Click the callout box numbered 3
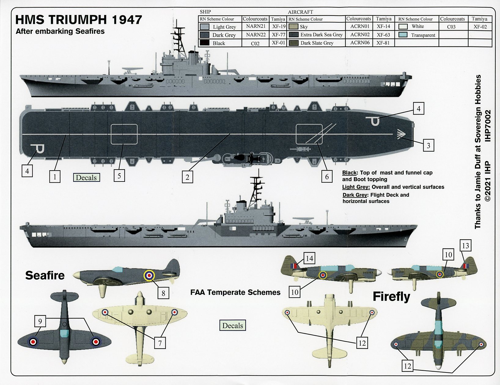coord(428,145)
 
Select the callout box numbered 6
coord(327,177)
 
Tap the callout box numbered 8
coord(164,293)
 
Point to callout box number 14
coord(309,258)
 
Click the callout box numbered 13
coord(465,246)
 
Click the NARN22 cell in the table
coord(256,35)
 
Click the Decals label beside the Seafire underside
coord(232,325)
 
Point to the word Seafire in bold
coord(45,275)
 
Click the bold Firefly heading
coord(392,296)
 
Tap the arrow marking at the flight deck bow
coord(401,134)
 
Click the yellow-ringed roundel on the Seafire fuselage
coord(149,275)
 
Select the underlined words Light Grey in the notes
coord(356,187)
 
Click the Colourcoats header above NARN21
coord(255,19)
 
